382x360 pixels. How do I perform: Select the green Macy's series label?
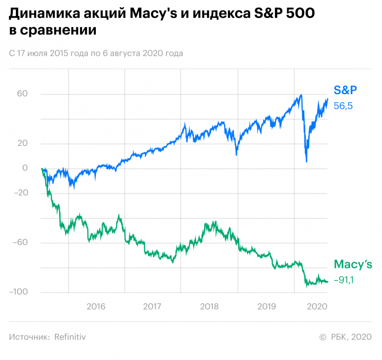352,265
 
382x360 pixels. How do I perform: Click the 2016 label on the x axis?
96,306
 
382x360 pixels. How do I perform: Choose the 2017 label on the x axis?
152,306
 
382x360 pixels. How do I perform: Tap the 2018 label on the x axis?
209,306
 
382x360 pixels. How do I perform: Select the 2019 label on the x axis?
266,306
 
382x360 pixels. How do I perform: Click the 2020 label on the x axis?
317,306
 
